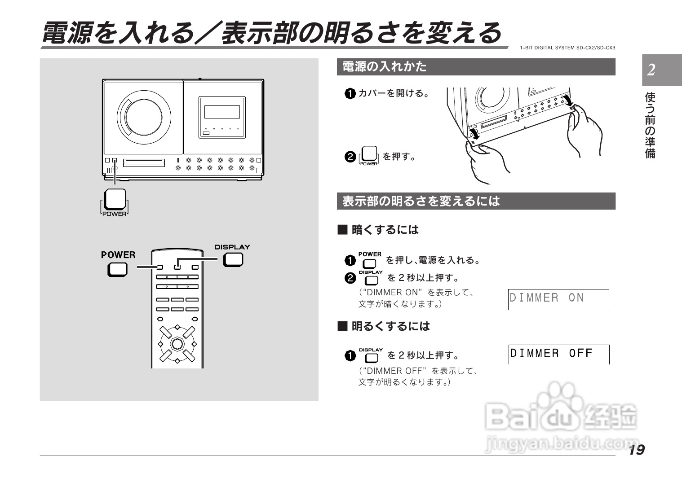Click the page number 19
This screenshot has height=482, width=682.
(x=637, y=449)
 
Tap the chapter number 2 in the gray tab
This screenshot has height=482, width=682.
(x=651, y=70)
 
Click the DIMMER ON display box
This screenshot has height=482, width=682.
(x=558, y=299)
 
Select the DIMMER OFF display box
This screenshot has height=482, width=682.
(x=558, y=354)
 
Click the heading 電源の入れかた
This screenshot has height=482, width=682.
(x=385, y=67)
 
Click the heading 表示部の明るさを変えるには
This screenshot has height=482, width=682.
(x=421, y=201)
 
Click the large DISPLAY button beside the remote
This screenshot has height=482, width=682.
(x=233, y=259)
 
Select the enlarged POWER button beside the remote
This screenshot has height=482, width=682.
(x=117, y=269)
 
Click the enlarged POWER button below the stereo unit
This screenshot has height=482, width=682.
(x=115, y=199)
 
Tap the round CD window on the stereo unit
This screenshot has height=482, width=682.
(x=144, y=116)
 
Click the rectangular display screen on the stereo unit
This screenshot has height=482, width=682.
(x=222, y=112)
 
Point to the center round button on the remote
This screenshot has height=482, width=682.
(x=177, y=344)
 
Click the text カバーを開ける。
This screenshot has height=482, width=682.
(x=394, y=93)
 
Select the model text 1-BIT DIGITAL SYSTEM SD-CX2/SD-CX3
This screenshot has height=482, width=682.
(x=567, y=48)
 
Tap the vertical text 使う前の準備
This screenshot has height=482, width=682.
(x=650, y=126)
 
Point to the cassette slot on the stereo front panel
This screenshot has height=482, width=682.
(x=144, y=162)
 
